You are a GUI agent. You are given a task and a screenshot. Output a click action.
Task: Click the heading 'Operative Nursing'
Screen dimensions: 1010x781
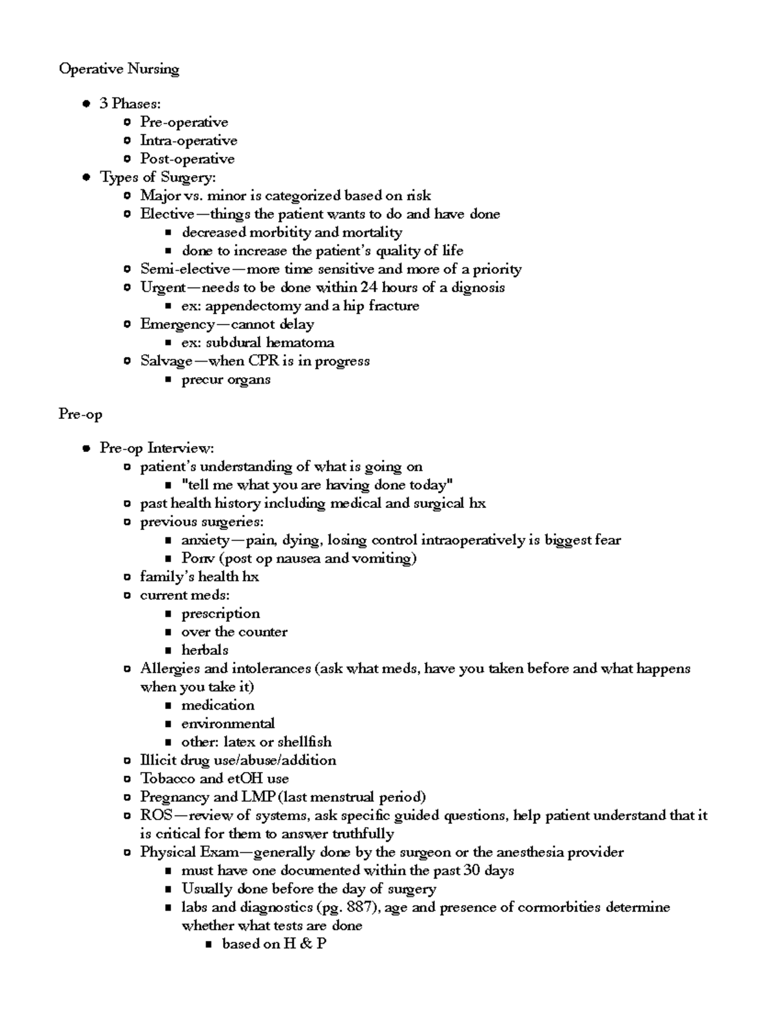coord(118,69)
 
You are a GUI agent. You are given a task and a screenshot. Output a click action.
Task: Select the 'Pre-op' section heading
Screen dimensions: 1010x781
coord(80,414)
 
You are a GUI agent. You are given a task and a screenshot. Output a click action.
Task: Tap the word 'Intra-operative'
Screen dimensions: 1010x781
coord(188,140)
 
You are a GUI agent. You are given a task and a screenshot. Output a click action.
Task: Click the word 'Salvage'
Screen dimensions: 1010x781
coord(166,361)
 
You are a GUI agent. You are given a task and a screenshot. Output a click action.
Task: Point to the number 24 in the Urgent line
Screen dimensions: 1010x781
coord(369,287)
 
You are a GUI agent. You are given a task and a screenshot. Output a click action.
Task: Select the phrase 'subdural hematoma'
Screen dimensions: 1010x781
coord(270,343)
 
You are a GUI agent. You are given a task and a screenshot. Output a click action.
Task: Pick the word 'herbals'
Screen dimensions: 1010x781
coord(204,650)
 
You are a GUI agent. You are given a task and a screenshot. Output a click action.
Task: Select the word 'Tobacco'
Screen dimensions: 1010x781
coord(167,778)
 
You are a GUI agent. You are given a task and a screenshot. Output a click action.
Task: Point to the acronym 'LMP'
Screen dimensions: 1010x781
coord(258,797)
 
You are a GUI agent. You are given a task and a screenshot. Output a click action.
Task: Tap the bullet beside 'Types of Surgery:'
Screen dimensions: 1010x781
coord(86,178)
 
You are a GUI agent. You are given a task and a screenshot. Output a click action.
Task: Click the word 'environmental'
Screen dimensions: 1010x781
coord(228,723)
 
